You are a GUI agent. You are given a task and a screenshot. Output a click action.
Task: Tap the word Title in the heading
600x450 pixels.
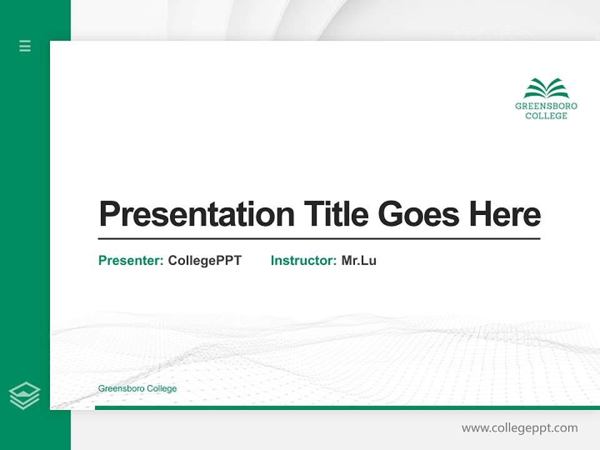(336, 214)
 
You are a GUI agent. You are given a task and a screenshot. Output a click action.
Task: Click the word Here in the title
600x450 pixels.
(504, 214)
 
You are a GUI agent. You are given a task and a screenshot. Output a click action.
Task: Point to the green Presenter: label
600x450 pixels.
(131, 261)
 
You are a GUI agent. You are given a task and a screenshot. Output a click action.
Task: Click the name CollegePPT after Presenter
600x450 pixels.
(204, 261)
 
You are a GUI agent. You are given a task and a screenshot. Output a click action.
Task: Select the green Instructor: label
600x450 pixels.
(303, 261)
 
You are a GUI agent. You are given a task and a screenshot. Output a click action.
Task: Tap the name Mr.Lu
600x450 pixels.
(359, 261)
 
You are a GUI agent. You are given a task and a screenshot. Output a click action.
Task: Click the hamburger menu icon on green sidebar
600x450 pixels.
(25, 46)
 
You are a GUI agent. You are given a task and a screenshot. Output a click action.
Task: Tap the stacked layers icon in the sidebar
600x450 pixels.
(24, 396)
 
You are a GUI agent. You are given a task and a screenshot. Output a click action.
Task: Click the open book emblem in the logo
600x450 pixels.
(546, 88)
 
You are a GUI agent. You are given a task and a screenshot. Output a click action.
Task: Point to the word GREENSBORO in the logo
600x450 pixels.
(546, 106)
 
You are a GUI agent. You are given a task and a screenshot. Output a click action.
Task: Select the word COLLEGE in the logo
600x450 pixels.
(546, 116)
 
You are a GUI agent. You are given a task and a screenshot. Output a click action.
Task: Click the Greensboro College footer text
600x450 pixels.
(137, 389)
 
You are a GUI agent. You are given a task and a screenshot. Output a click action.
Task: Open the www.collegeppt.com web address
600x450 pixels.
(519, 428)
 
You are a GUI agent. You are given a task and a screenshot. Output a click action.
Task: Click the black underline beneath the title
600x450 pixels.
(319, 238)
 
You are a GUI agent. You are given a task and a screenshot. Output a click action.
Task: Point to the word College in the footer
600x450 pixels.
(162, 389)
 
